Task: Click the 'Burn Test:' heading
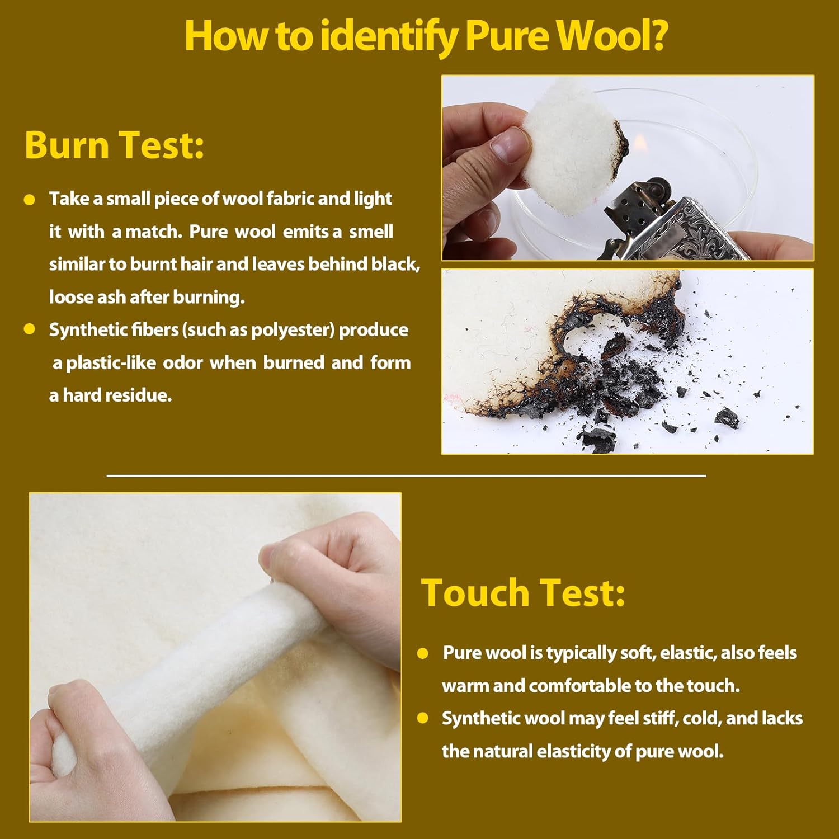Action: tap(114, 145)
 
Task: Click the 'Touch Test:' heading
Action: tap(522, 592)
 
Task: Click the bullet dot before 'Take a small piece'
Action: tap(30, 200)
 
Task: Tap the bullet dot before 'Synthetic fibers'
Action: tap(30, 329)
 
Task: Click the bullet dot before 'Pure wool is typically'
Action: tap(423, 653)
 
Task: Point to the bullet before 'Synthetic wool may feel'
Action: tap(423, 718)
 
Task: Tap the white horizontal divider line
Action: tap(406, 476)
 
